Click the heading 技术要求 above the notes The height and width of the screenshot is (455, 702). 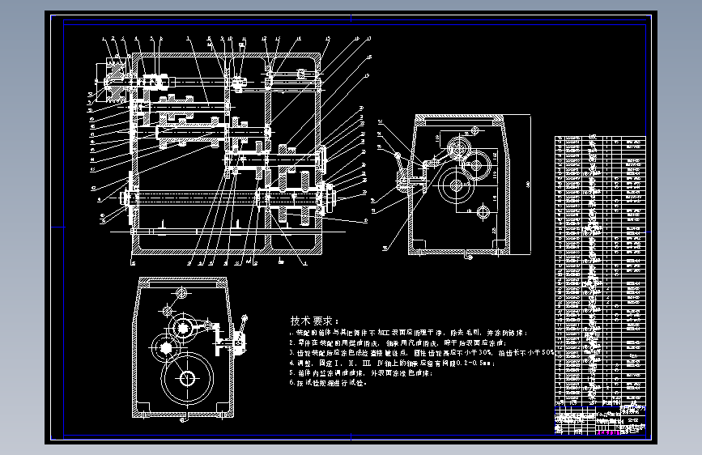tap(316, 320)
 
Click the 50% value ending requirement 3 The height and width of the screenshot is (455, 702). tap(547, 353)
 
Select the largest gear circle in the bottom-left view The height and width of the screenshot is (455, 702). tap(187, 378)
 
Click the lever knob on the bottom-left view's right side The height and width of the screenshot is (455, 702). tap(241, 338)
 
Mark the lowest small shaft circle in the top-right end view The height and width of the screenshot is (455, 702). tap(483, 213)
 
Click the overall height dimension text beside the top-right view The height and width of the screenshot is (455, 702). tap(525, 185)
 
